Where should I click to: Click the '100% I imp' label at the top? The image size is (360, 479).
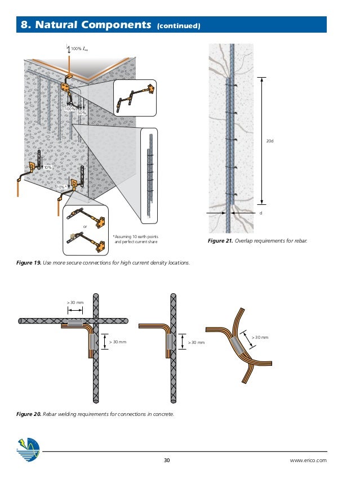[x=79, y=50]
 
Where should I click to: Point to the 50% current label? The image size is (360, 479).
[x=82, y=113]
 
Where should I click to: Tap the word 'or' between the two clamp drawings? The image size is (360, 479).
[x=85, y=227]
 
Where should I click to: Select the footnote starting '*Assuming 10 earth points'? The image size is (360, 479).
[x=135, y=239]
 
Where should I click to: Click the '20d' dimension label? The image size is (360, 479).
[x=269, y=142]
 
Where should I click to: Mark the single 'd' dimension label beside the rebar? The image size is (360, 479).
[x=261, y=214]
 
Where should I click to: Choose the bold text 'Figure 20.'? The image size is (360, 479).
[x=29, y=414]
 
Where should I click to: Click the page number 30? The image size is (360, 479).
[x=166, y=460]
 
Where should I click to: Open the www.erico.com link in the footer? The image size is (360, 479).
[x=308, y=460]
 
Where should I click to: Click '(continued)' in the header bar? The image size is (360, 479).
[x=177, y=25]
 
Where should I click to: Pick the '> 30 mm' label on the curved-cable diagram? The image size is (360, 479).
[x=260, y=337]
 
